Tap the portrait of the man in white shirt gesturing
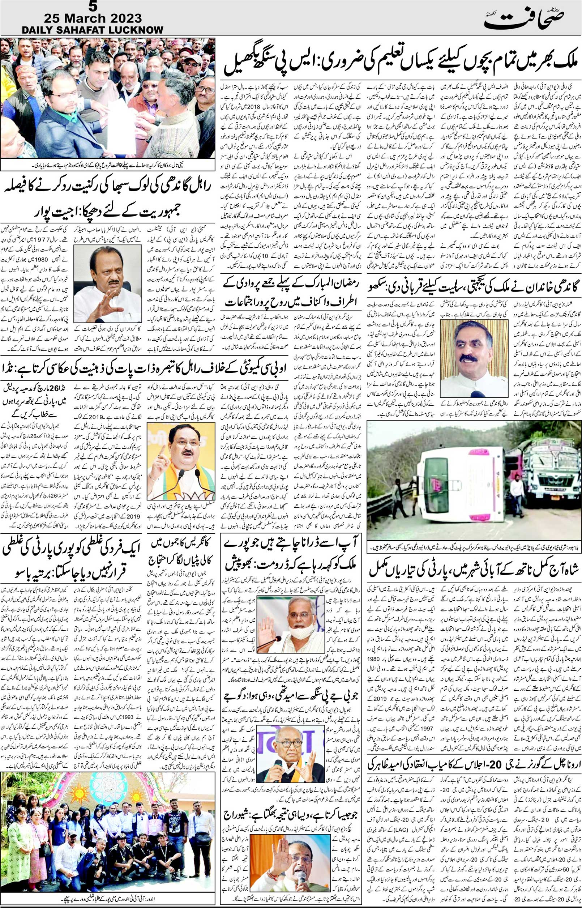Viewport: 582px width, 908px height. [x=107, y=283]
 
